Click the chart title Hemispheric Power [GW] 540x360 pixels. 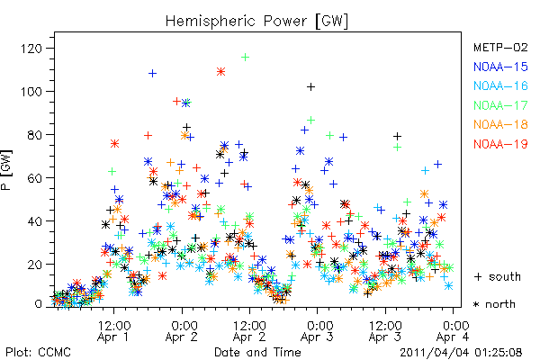[x=256, y=22]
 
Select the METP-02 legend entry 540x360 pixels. [x=500, y=47]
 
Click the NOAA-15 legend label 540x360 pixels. [x=500, y=67]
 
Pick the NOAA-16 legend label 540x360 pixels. [x=500, y=85]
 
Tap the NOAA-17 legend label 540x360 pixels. [x=500, y=105]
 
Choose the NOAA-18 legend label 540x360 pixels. [x=500, y=124]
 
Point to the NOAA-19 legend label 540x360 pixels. [x=500, y=144]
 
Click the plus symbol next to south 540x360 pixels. [x=478, y=277]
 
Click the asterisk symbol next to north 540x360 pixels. [x=476, y=304]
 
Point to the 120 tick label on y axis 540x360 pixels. [x=31, y=49]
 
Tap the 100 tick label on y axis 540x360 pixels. [x=31, y=92]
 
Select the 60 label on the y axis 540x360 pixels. [x=35, y=178]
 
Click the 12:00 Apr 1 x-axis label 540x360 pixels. [x=113, y=331]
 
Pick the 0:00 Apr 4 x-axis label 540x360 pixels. [x=454, y=331]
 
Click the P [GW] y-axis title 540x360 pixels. [x=6, y=170]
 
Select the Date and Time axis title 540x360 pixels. [x=257, y=353]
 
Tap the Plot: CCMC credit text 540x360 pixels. [x=38, y=353]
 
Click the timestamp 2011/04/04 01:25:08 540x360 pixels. [x=461, y=353]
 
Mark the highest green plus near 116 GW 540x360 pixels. [x=245, y=58]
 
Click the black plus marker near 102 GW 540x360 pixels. [x=311, y=86]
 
